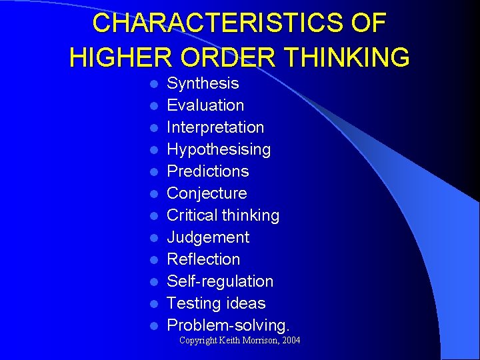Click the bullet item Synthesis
point(203,83)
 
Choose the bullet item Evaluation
point(205,105)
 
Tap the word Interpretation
point(215,127)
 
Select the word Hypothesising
point(219,149)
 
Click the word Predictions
point(207,171)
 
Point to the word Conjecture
point(207,193)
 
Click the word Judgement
point(208,237)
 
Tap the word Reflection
point(203,259)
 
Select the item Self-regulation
point(220,281)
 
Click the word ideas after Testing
point(246,303)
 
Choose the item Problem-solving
point(228,325)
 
